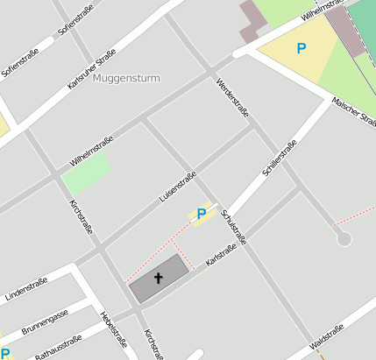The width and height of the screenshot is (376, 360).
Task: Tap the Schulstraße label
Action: tap(234, 227)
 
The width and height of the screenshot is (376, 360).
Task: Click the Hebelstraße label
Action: tap(114, 329)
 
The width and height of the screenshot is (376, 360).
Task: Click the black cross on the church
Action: tap(159, 279)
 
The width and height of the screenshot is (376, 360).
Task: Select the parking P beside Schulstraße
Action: tap(201, 214)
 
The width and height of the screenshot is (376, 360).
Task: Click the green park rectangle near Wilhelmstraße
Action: tap(87, 173)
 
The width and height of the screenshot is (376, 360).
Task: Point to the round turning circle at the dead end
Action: tap(344, 238)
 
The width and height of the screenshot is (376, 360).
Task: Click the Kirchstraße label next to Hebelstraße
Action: tap(153, 343)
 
